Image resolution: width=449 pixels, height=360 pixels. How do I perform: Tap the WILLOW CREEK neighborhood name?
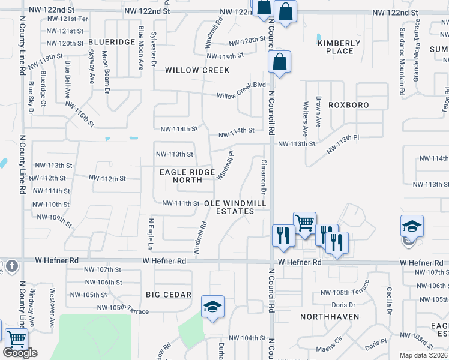(x=197, y=70)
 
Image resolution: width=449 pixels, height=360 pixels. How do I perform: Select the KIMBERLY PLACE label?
(x=339, y=47)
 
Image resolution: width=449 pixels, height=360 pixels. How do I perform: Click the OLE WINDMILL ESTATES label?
(x=235, y=207)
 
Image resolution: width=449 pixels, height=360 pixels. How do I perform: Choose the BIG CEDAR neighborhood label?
(x=168, y=295)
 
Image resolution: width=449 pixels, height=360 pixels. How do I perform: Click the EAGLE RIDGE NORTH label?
(x=187, y=176)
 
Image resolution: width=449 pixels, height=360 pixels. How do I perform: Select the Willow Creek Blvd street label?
(x=241, y=91)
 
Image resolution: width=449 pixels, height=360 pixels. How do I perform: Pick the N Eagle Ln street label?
(x=151, y=234)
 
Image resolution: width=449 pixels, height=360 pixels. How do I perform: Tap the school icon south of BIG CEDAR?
(x=212, y=308)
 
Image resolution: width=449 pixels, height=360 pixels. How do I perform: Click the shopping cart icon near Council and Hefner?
(x=304, y=223)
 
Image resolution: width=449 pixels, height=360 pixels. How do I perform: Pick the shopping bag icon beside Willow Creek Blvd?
(x=280, y=62)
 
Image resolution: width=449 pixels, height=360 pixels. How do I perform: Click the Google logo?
(x=20, y=353)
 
